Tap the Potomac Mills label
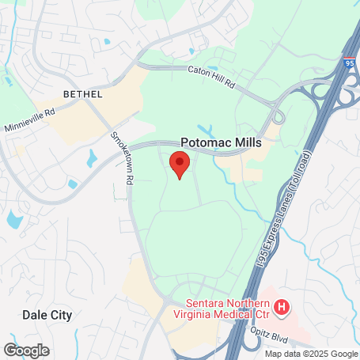[x=221, y=142]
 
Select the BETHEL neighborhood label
[x=82, y=94]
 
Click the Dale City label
[x=47, y=315]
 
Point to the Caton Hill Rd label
[x=213, y=75]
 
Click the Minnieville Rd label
[x=29, y=119]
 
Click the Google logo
[x=26, y=350]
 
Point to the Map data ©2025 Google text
[x=310, y=354]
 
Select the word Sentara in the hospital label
[x=205, y=301]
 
